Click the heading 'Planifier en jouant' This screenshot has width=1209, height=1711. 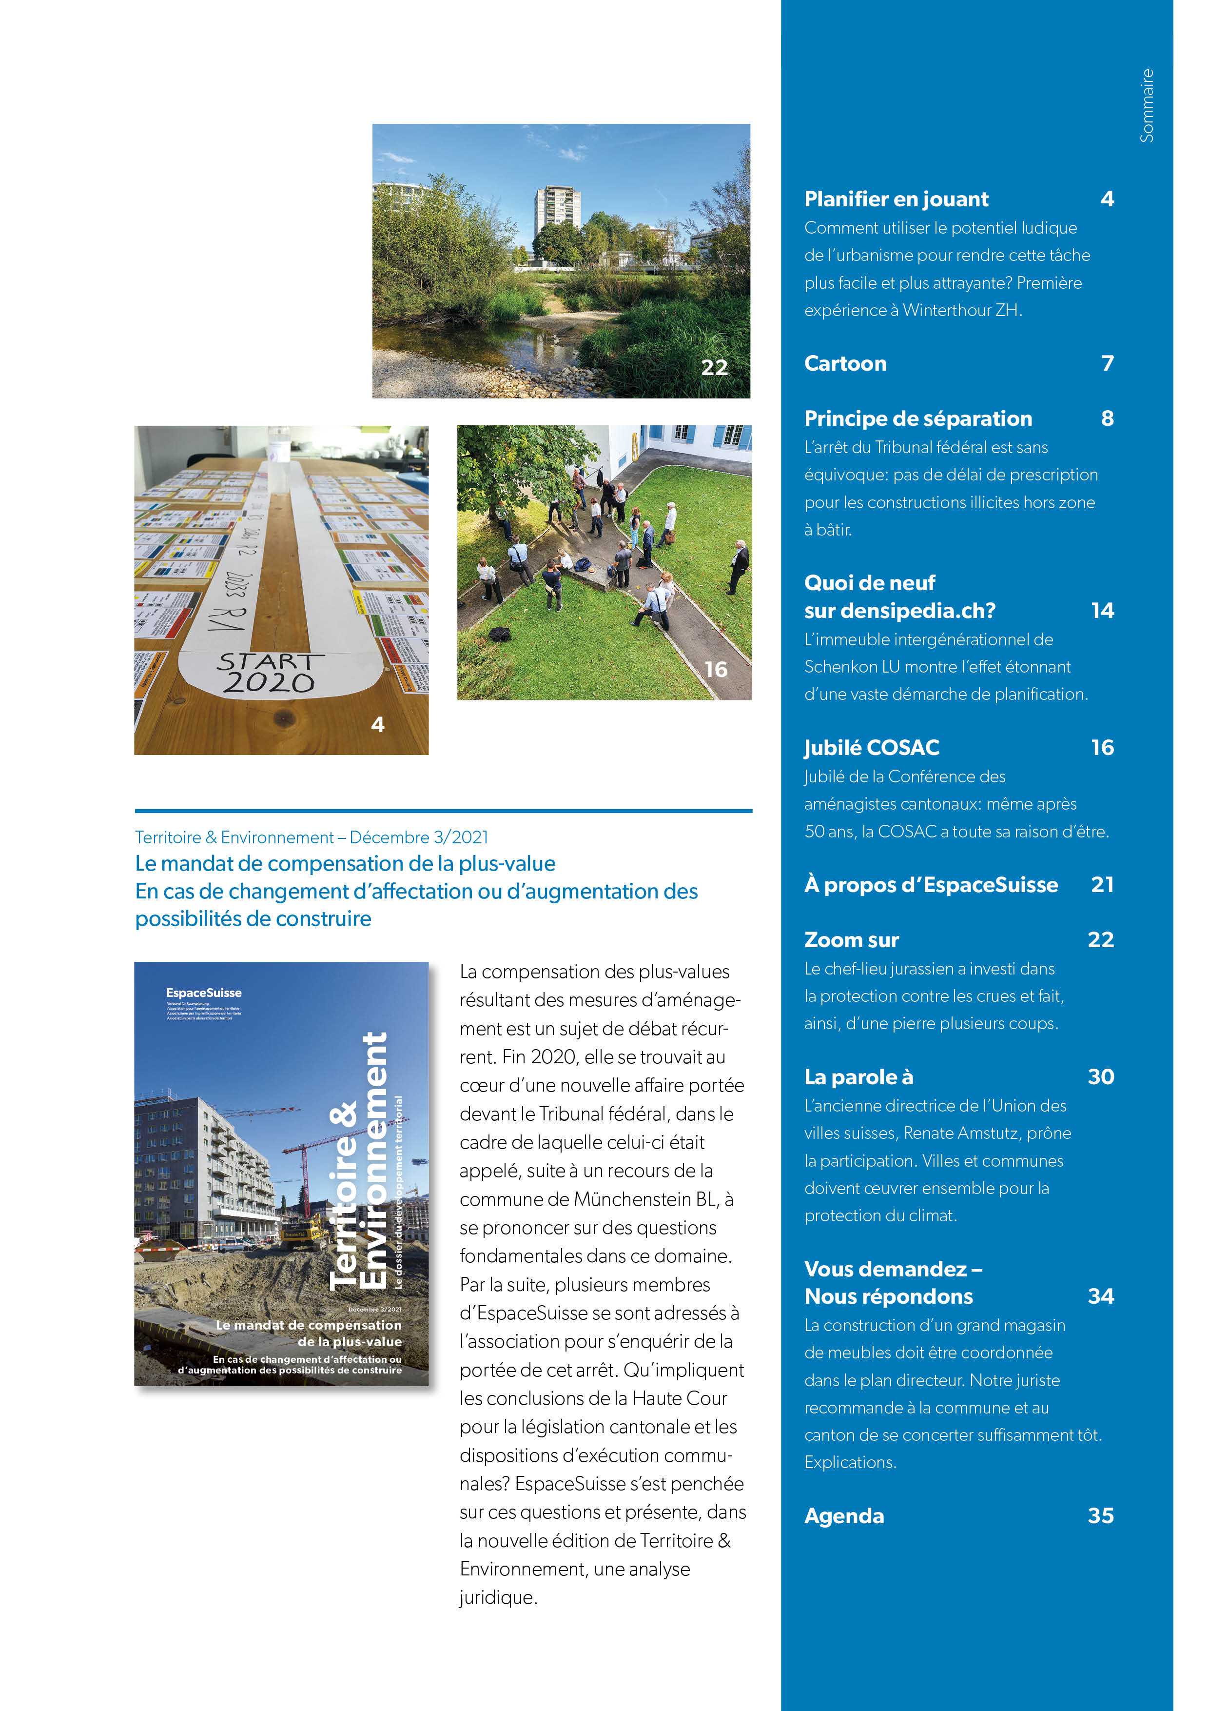tap(896, 199)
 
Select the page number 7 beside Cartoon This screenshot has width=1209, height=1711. tap(1107, 364)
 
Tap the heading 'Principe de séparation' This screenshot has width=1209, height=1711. tap(918, 419)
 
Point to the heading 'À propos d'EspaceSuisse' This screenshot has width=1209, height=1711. tap(931, 885)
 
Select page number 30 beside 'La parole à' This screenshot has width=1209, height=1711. tap(1100, 1077)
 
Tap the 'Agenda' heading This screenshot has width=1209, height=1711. tap(843, 1516)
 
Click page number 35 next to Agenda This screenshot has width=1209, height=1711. tap(1100, 1516)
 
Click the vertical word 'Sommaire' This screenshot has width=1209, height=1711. tap(1147, 106)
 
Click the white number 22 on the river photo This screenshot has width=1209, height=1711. tap(714, 367)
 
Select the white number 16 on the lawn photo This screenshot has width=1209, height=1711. tap(715, 669)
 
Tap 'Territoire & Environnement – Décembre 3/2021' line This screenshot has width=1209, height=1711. tap(312, 837)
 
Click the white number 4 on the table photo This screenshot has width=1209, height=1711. tap(378, 724)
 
